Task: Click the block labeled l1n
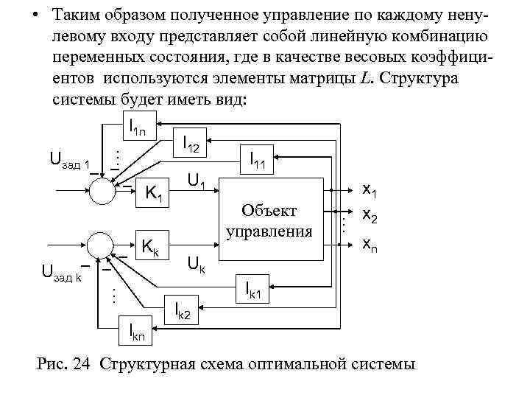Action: pyautogui.click(x=137, y=128)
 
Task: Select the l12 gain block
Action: pyautogui.click(x=190, y=146)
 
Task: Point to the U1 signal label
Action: pyautogui.click(x=197, y=178)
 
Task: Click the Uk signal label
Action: pyautogui.click(x=197, y=263)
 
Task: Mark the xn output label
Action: pyautogui.click(x=368, y=244)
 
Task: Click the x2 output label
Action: pyautogui.click(x=368, y=217)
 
